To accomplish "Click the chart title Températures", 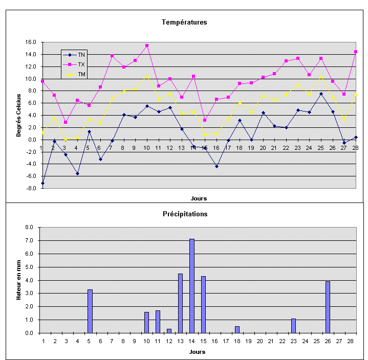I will pyautogui.click(x=184, y=22).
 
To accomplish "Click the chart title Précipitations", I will pyautogui.click(x=184, y=214).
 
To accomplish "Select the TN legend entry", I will pyautogui.click(x=81, y=55).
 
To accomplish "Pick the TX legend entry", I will pyautogui.click(x=81, y=64).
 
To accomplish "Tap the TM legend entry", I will pyautogui.click(x=81, y=75).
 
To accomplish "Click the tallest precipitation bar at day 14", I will pyautogui.click(x=192, y=286).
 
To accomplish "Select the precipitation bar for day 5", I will pyautogui.click(x=90, y=311).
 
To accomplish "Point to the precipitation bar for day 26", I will pyautogui.click(x=328, y=307).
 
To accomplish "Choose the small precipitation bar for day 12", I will pyautogui.click(x=169, y=331).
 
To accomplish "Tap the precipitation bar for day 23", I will pyautogui.click(x=294, y=326).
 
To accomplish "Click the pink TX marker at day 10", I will pyautogui.click(x=147, y=46).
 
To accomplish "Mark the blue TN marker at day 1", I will pyautogui.click(x=42, y=183).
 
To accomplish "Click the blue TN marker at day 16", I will pyautogui.click(x=217, y=166).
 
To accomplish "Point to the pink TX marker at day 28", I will pyautogui.click(x=355, y=52).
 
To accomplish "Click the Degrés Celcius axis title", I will pyautogui.click(x=18, y=115).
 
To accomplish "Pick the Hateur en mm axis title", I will pyautogui.click(x=18, y=280).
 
